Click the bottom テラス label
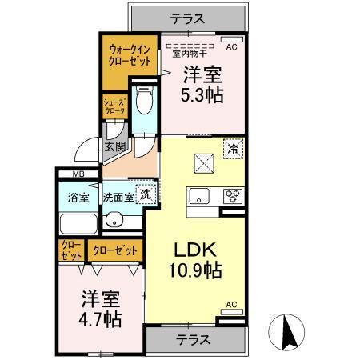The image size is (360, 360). pos(192,339)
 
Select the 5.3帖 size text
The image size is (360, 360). pos(202,94)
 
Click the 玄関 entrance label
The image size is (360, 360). pos(114,146)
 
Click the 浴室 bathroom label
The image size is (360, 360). pos(78,196)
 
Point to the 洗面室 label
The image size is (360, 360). pos(117,196)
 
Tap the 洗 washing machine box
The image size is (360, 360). pos(146,194)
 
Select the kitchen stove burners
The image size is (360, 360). pos(233,194)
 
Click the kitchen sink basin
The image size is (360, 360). pos(199,194)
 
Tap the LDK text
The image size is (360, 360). pos(190,249)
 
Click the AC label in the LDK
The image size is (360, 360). pos(230,304)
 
